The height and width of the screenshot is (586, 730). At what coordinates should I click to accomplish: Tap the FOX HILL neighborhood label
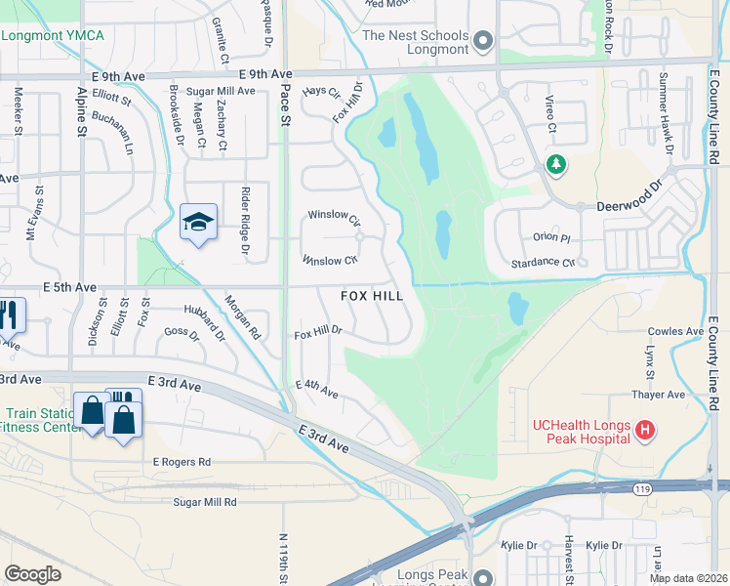[372, 295]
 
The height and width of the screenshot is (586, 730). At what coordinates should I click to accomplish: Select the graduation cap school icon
[198, 223]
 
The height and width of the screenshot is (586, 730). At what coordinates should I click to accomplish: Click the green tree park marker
[556, 164]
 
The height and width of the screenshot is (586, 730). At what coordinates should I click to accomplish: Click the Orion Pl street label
[550, 237]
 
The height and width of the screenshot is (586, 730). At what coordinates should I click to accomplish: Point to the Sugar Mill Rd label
[205, 502]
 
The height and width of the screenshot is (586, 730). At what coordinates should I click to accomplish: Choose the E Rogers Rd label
[182, 462]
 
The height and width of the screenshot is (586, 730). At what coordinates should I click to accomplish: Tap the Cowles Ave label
[675, 332]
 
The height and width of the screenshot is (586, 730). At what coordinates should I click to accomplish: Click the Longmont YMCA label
[53, 36]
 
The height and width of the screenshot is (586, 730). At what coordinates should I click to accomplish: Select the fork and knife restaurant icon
[12, 314]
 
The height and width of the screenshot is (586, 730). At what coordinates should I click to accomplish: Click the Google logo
[32, 573]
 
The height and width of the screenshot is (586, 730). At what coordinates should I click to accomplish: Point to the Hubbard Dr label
[204, 322]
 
